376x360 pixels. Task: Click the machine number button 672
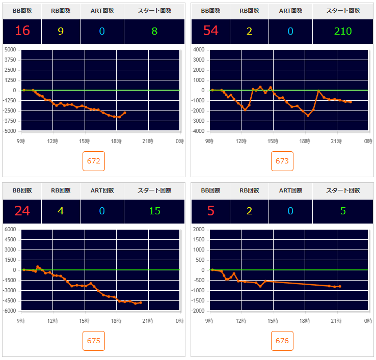[x=94, y=161]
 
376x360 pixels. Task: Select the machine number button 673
[x=282, y=161]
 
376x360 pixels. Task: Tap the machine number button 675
[x=94, y=341]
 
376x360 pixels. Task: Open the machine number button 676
[x=282, y=341]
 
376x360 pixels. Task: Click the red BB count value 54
[x=210, y=31]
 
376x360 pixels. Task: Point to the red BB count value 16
[x=22, y=31]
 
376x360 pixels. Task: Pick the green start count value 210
[x=343, y=31]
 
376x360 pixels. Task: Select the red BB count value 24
[x=22, y=211]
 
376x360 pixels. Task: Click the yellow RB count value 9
[x=61, y=31]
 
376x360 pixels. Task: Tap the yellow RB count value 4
[x=61, y=211]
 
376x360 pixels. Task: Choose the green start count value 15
[x=154, y=211]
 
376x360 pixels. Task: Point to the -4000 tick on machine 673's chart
[x=199, y=131]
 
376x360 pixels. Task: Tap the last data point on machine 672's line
[x=125, y=113]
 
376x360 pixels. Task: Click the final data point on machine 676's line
[x=340, y=286]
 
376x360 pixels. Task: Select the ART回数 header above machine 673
[x=290, y=11]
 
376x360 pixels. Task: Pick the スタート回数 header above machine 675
[x=154, y=190]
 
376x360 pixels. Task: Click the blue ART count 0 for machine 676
[x=290, y=211]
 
